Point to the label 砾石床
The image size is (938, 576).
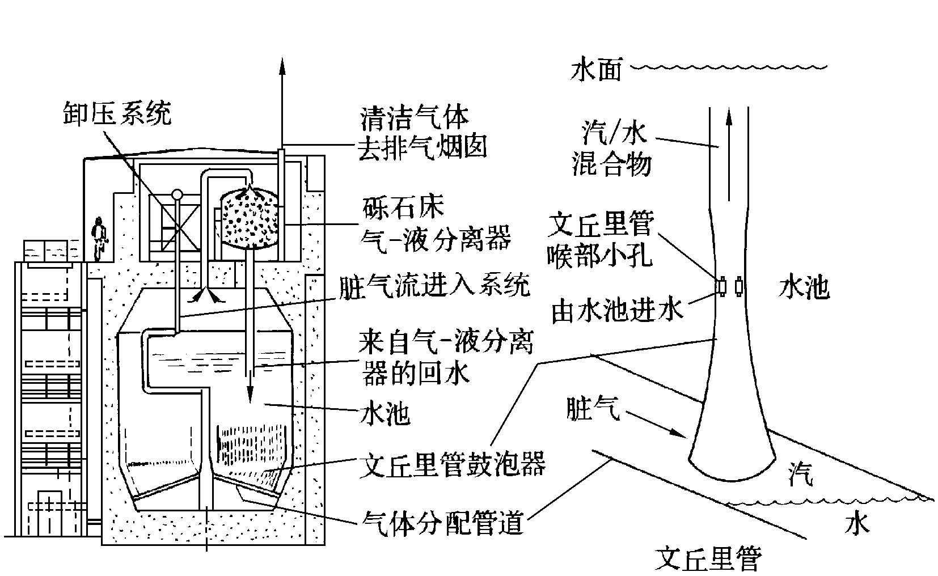pyautogui.click(x=402, y=209)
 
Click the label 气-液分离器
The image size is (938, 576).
pyautogui.click(x=436, y=239)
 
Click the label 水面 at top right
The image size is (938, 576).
pyautogui.click(x=597, y=71)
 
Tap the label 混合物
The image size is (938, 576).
pyautogui.click(x=611, y=165)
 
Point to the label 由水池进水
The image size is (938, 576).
pyautogui.click(x=618, y=311)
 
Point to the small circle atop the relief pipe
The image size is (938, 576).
pyautogui.click(x=178, y=194)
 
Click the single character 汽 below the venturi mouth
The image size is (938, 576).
pyautogui.click(x=800, y=475)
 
